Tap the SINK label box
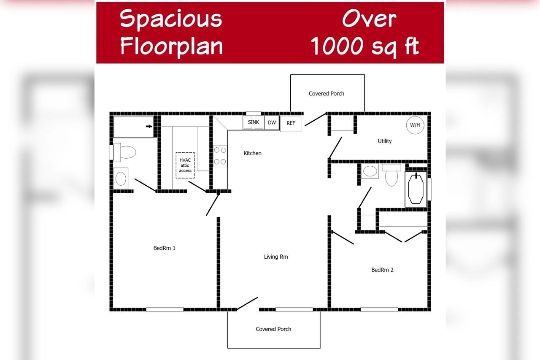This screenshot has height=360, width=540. (254, 122)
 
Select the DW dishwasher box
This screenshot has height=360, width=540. (272, 122)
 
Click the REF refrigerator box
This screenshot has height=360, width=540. (291, 123)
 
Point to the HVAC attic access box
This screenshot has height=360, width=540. (185, 165)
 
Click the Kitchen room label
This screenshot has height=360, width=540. (252, 153)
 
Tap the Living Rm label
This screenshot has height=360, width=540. (276, 257)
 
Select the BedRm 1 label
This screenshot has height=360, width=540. (164, 248)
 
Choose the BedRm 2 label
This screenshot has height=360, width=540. (382, 270)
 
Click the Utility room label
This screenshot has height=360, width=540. (385, 141)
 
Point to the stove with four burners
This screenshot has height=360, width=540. (220, 156)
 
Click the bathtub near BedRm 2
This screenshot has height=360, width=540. (416, 189)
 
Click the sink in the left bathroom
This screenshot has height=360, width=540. (121, 178)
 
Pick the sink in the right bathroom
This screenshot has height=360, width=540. (370, 171)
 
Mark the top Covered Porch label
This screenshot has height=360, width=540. (327, 94)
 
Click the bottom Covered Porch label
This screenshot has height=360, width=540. (273, 329)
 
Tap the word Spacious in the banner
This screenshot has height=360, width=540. (171, 19)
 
